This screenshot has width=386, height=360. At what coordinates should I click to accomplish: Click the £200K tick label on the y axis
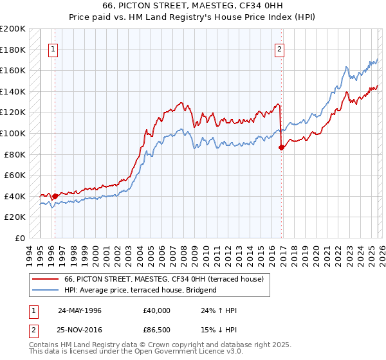coord(13,29)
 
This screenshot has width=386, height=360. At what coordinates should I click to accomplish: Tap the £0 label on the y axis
coord(19,238)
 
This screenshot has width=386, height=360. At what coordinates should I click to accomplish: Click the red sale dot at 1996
coord(55,196)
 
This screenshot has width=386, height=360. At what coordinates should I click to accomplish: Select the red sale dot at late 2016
coord(281,148)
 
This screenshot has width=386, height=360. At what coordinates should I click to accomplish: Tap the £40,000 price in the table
coord(157,310)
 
